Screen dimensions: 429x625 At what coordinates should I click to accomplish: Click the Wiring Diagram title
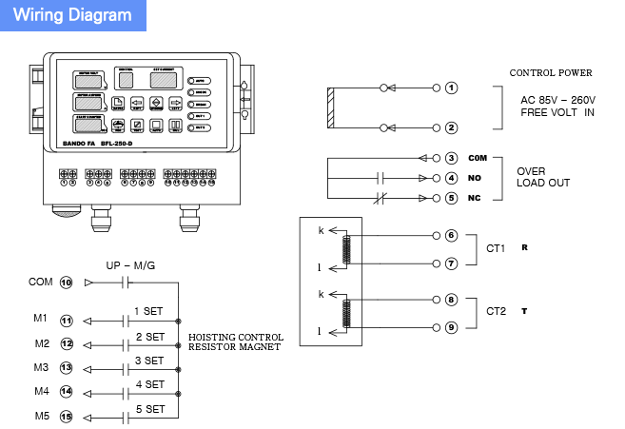(x=72, y=15)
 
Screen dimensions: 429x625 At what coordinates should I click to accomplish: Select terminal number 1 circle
(x=452, y=88)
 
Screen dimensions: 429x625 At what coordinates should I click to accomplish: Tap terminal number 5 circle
(x=452, y=198)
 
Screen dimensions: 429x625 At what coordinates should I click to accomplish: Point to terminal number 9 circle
(x=452, y=327)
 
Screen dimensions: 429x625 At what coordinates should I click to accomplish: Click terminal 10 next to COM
(x=67, y=283)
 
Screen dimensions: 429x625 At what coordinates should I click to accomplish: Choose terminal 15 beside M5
(x=67, y=417)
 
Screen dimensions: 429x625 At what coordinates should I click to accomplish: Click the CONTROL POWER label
(x=551, y=72)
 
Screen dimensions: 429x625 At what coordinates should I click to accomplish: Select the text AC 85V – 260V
(x=557, y=99)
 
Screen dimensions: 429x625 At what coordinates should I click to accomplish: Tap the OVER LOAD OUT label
(x=543, y=177)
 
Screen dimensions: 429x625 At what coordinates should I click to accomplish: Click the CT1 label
(x=497, y=248)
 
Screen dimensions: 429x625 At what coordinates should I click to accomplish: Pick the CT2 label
(x=497, y=311)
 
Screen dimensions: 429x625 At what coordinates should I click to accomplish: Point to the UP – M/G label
(x=130, y=265)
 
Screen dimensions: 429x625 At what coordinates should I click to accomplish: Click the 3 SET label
(x=149, y=361)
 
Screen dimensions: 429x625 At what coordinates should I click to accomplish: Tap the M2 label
(x=42, y=342)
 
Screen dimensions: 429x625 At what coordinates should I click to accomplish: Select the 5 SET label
(x=149, y=409)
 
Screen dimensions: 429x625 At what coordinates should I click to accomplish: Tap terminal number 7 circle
(x=452, y=263)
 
